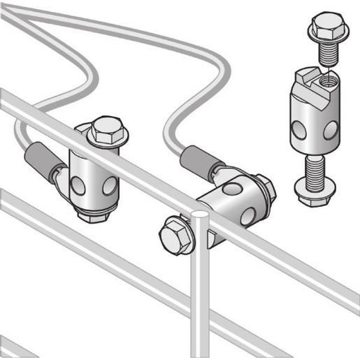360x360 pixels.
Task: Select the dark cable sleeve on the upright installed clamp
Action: coord(41,159)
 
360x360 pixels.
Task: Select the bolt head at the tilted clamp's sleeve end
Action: coord(266,187)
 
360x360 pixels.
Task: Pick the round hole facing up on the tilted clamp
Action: coord(231,189)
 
